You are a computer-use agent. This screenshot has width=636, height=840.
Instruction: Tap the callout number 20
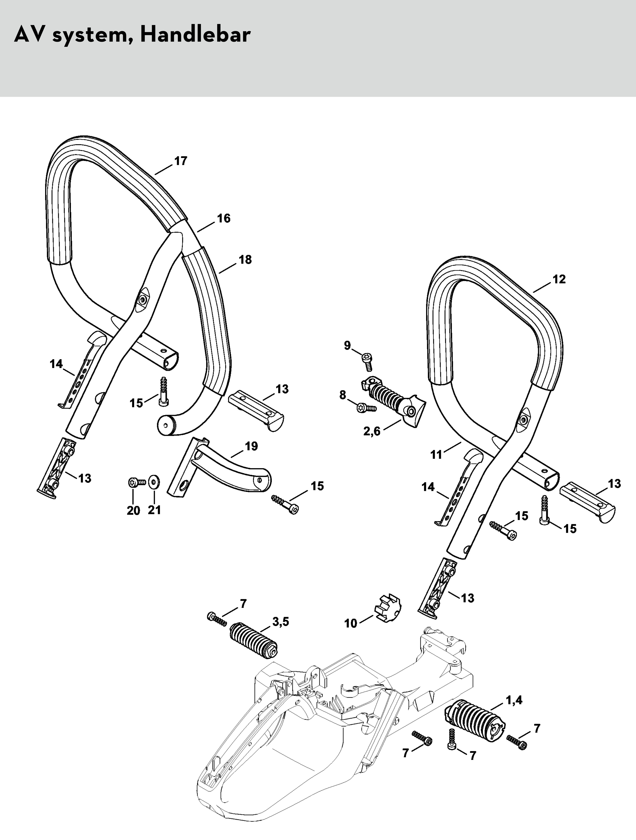point(133,510)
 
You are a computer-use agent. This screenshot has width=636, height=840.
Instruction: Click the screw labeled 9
point(368,361)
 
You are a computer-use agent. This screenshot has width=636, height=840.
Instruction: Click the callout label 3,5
point(281,622)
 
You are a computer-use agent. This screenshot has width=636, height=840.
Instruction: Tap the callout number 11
point(436,454)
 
